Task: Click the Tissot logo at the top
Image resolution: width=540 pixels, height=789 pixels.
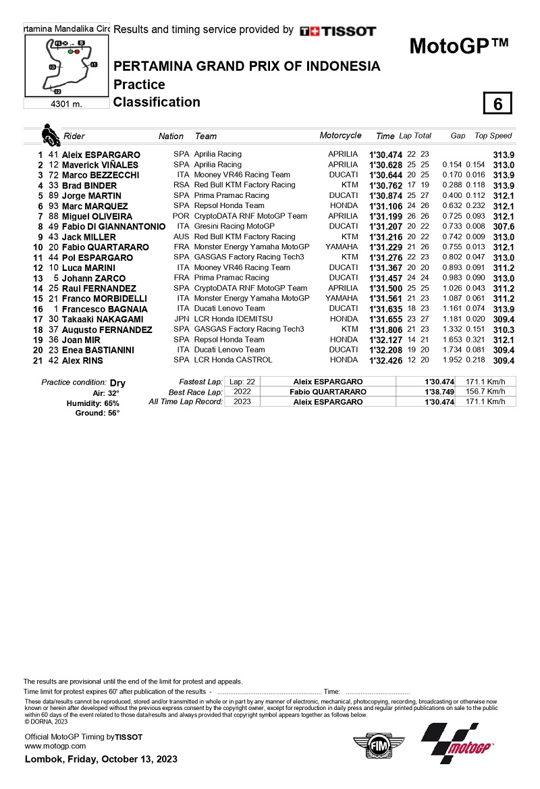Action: tap(338, 31)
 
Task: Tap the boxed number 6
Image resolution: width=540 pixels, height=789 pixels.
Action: tap(497, 104)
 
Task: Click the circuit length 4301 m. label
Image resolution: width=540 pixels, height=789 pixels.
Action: tap(66, 104)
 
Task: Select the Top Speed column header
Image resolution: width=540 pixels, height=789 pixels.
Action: tap(493, 136)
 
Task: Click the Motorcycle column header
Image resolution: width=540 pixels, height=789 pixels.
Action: tap(340, 136)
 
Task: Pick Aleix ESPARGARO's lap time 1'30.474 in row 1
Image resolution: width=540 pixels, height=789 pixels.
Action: tap(385, 155)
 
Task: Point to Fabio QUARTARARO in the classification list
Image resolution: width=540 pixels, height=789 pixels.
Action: tap(105, 247)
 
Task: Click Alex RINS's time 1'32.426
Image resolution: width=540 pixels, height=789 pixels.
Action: tap(385, 360)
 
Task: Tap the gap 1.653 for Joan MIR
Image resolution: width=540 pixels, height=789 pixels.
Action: tap(452, 340)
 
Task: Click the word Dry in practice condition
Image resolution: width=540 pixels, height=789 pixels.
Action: tap(117, 382)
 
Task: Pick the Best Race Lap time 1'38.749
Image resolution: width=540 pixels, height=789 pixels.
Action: tap(439, 392)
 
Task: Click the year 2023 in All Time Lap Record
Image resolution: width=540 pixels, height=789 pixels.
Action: tap(237, 402)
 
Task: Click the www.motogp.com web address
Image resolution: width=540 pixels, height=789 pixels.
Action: tap(55, 746)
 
